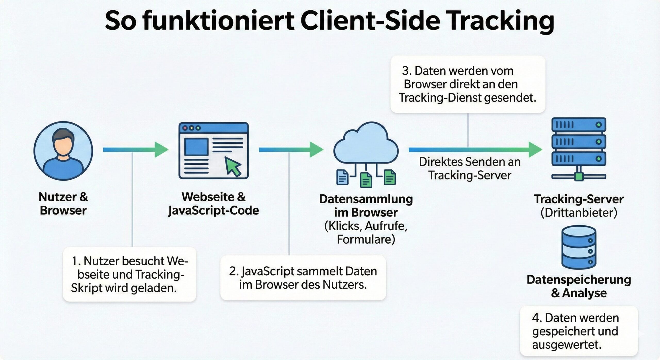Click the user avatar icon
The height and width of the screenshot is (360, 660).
(x=63, y=151)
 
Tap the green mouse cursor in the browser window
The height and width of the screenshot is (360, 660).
(x=233, y=167)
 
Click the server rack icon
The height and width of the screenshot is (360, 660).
(x=579, y=148)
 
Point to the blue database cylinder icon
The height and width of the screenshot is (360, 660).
(x=579, y=247)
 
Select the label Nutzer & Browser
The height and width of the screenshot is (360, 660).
(x=63, y=204)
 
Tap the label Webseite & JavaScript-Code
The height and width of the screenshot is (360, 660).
(x=213, y=204)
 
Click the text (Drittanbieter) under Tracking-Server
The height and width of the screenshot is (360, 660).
(x=579, y=213)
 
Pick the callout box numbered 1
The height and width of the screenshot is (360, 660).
(x=129, y=274)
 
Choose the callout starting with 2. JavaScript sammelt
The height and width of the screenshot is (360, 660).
(x=303, y=278)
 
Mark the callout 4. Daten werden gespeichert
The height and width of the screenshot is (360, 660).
(x=579, y=331)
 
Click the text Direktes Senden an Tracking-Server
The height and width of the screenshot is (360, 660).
(x=470, y=169)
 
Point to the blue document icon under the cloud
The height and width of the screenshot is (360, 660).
(x=342, y=177)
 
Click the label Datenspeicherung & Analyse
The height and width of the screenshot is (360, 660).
(x=579, y=286)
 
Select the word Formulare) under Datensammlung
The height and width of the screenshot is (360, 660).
(x=366, y=239)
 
